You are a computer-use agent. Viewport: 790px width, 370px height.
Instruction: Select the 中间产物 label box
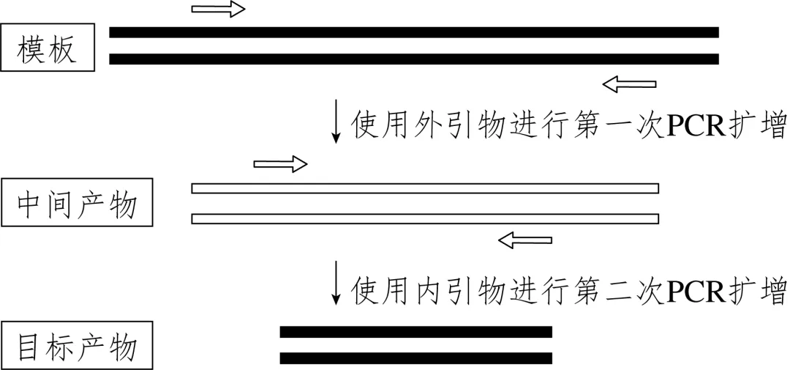click(77, 204)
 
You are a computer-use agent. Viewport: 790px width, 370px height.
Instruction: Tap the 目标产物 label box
click(77, 344)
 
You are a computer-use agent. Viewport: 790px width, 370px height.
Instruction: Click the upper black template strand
click(414, 32)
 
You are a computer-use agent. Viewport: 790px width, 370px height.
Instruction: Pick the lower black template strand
click(414, 59)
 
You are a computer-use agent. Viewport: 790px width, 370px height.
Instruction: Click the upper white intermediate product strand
click(425, 188)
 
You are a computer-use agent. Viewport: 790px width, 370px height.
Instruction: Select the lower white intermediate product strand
click(425, 218)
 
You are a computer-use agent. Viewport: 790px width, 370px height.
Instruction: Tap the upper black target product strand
click(415, 332)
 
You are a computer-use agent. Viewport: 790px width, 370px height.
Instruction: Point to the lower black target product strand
click(415, 358)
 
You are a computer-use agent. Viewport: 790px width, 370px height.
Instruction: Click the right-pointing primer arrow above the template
click(218, 10)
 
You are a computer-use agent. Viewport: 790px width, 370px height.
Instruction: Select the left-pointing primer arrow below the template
click(629, 85)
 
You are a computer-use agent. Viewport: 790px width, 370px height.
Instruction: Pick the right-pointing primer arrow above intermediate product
click(280, 163)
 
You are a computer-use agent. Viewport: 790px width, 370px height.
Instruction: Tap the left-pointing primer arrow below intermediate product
click(525, 239)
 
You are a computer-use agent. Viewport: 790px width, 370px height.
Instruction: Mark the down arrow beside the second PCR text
click(336, 282)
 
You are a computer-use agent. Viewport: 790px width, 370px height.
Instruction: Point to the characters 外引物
click(454, 126)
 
